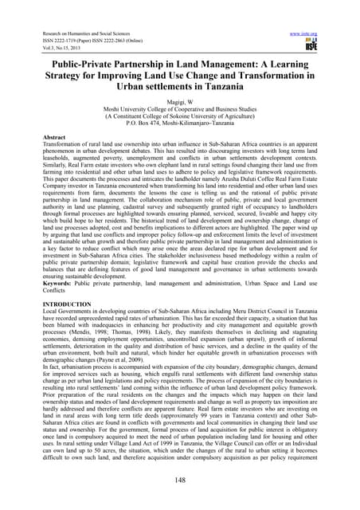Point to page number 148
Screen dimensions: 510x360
coord(180,481)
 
